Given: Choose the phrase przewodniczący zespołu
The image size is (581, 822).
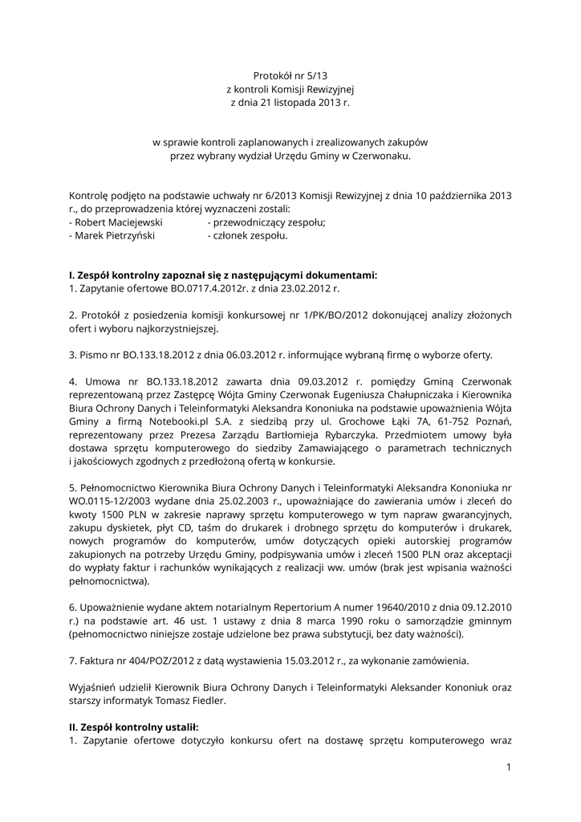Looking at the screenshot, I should click(x=269, y=222).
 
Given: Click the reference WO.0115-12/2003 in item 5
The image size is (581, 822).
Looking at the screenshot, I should click(x=105, y=501).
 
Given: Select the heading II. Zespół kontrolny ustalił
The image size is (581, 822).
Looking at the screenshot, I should click(x=133, y=726).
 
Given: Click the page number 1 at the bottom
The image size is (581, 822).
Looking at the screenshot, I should click(x=509, y=767).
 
